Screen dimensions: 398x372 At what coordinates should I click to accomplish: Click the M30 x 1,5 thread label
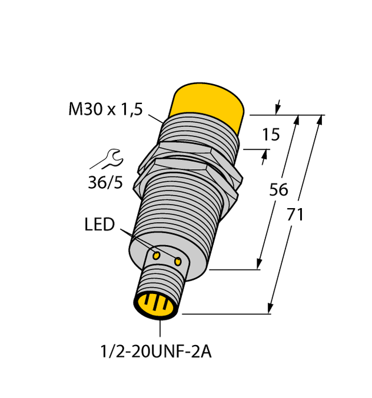[105, 110]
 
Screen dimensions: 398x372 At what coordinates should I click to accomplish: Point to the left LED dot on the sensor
[157, 256]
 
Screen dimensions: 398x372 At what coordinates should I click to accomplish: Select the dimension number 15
[271, 136]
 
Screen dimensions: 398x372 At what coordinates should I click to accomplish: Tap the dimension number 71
[294, 215]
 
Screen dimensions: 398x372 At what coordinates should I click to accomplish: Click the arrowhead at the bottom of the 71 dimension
[271, 308]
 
